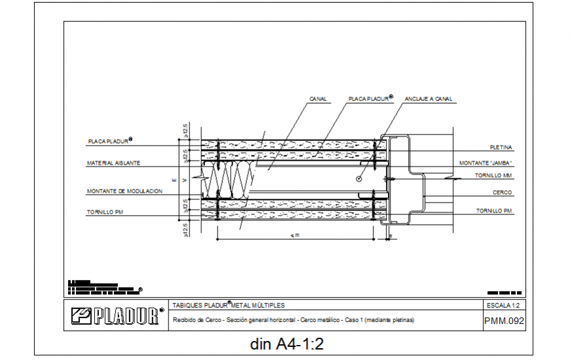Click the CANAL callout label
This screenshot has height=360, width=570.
pyautogui.click(x=318, y=99)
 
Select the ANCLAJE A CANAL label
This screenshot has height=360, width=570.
pyautogui.click(x=428, y=99)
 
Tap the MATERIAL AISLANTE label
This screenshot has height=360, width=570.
pyautogui.click(x=113, y=163)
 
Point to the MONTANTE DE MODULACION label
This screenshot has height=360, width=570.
pyautogui.click(x=124, y=191)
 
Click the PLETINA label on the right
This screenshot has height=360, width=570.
pyautogui.click(x=501, y=148)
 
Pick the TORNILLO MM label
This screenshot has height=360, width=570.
pyautogui.click(x=494, y=176)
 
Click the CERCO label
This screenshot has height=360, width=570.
pyautogui.click(x=503, y=193)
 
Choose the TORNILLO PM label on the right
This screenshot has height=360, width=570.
pyautogui.click(x=494, y=211)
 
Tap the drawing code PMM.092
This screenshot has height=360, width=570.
pyautogui.click(x=504, y=321)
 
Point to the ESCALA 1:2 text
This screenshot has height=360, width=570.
pyautogui.click(x=503, y=306)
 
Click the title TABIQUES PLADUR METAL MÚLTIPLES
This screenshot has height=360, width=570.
pyautogui.click(x=228, y=306)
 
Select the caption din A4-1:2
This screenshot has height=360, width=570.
pyautogui.click(x=288, y=344)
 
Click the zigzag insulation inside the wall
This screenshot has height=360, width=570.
pyautogui.click(x=229, y=178)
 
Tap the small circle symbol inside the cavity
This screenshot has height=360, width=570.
pyautogui.click(x=358, y=178)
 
